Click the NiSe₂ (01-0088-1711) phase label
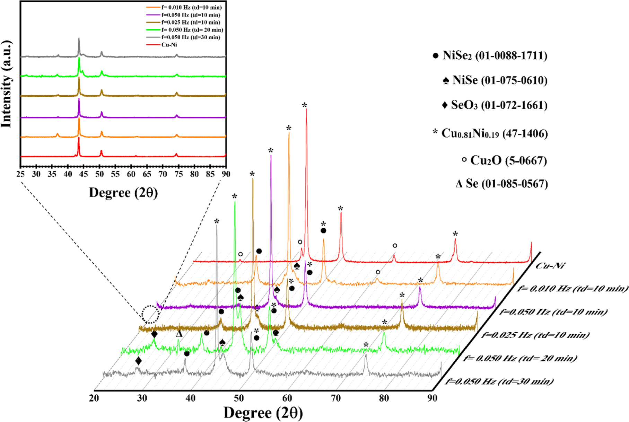pos(490,55)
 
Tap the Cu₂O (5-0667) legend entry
pos(504,160)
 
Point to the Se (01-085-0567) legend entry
pos(502,183)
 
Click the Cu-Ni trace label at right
pos(550,266)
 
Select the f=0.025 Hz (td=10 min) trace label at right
pos(535,335)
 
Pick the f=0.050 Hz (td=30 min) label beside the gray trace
pos(499,381)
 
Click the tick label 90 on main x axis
pos(432,398)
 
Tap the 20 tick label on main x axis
pos(94,398)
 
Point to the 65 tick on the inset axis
pos(147,174)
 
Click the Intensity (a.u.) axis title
pos(7,84)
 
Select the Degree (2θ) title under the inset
pos(123,193)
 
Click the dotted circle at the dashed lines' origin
pos(150,314)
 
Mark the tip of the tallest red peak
pos(306,109)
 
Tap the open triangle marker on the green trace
pos(179,334)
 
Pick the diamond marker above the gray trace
pos(138,361)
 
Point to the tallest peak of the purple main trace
pos(271,156)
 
